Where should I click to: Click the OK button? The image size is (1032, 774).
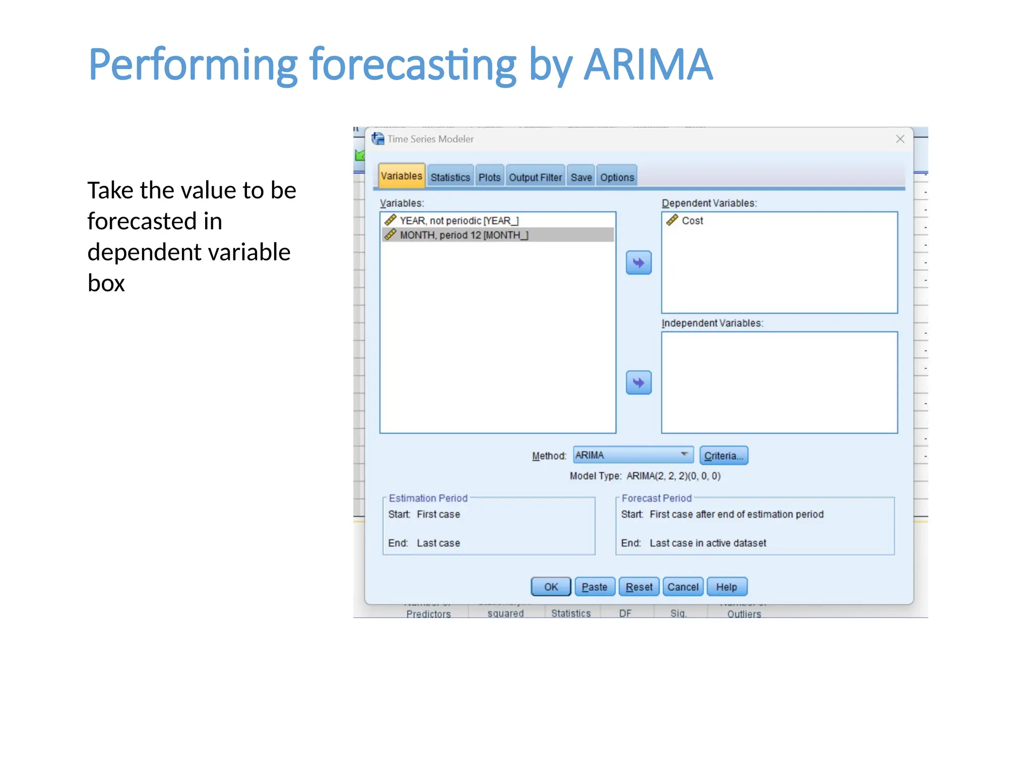pyautogui.click(x=551, y=587)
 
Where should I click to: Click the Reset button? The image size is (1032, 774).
pyautogui.click(x=638, y=587)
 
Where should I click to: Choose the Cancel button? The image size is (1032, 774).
pyautogui.click(x=683, y=587)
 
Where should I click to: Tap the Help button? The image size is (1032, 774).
pyautogui.click(x=726, y=587)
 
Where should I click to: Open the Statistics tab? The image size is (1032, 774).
pyautogui.click(x=450, y=177)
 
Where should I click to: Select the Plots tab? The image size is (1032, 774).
pyautogui.click(x=489, y=177)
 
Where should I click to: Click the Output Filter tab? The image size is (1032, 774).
pyautogui.click(x=535, y=177)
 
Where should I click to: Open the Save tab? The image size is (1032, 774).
pyautogui.click(x=581, y=177)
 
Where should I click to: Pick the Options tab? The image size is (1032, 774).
pyautogui.click(x=617, y=177)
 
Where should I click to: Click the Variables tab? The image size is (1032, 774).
pyautogui.click(x=402, y=176)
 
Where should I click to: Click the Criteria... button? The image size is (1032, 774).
pyautogui.click(x=723, y=456)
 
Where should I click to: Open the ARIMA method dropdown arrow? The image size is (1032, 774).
pyautogui.click(x=684, y=455)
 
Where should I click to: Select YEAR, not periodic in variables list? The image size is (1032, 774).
pyautogui.click(x=459, y=221)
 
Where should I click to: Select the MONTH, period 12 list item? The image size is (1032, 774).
pyautogui.click(x=464, y=235)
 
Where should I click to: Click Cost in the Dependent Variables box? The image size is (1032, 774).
pyautogui.click(x=692, y=221)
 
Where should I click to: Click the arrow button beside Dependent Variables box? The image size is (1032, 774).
pyautogui.click(x=638, y=263)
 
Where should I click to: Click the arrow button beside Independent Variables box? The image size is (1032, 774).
pyautogui.click(x=638, y=382)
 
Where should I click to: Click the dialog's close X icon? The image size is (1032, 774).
pyautogui.click(x=900, y=139)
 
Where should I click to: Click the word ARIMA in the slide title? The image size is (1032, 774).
pyautogui.click(x=648, y=64)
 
